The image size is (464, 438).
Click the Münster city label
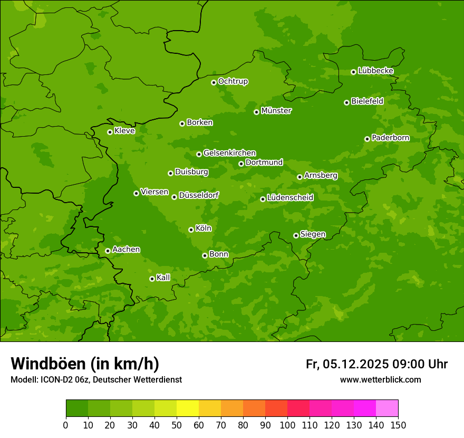pos(276,111)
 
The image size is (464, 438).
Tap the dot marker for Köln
pos(191,230)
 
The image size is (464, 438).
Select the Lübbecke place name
pos(375,71)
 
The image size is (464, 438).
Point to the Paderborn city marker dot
pos(367,139)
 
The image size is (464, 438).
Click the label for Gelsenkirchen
pos(229,153)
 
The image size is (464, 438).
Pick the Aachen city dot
pos(108,251)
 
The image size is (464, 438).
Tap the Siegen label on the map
pos(313,234)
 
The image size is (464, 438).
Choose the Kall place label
pos(163,278)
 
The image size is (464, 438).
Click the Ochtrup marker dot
pos(214,82)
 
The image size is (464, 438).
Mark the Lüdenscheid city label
pos(290,198)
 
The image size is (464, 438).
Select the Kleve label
pos(124,131)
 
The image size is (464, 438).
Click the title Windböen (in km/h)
pos(85,364)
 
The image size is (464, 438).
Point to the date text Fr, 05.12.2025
pos(347,364)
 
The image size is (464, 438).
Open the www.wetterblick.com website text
pos(380,379)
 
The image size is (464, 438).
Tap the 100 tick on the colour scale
pos(287,425)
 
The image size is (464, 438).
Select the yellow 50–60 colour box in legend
pos(188,408)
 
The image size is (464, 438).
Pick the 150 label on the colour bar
pos(398,425)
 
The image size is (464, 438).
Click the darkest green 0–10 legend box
pos(77,408)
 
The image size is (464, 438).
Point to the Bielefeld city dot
pos(346,102)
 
